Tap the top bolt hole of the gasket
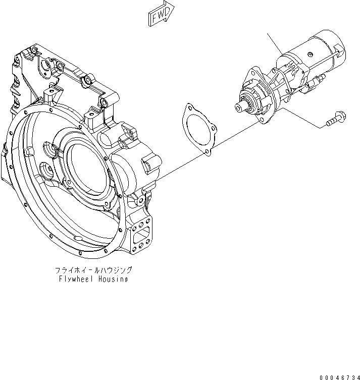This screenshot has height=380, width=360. coord(189,108)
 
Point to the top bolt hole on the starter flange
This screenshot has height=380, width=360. coord(250,76)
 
